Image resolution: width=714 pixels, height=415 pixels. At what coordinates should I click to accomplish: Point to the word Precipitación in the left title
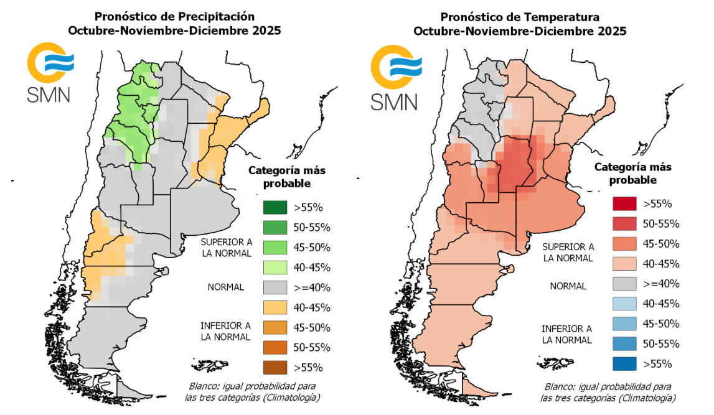click(218, 16)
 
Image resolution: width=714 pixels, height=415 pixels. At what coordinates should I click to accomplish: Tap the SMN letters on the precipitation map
click(48, 94)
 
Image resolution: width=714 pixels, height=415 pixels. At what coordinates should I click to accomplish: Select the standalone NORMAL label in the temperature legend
click(568, 286)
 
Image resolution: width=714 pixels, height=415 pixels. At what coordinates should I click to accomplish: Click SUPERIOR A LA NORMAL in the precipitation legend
click(226, 248)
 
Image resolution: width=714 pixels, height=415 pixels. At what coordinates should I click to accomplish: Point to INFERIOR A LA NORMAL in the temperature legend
click(567, 333)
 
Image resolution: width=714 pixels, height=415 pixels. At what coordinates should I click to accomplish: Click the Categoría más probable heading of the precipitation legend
click(286, 177)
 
